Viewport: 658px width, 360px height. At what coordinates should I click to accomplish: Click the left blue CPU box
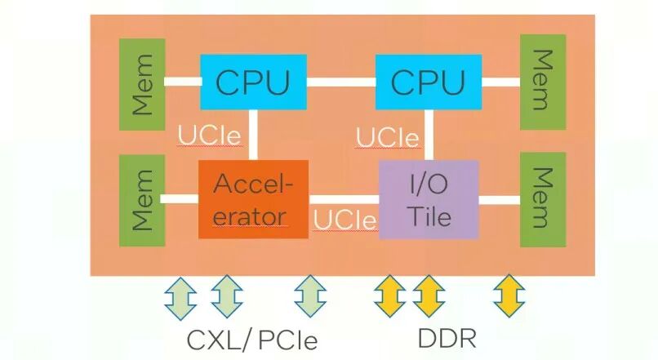253,82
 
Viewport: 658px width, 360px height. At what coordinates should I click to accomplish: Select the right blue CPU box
429,82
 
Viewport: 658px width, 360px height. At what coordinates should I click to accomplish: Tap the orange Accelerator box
253,199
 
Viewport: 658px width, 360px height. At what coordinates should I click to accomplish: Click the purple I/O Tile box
429,199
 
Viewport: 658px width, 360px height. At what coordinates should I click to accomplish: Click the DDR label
447,338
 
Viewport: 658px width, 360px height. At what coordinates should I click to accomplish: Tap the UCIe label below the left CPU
210,134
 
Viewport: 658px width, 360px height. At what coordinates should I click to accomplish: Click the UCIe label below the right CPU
388,136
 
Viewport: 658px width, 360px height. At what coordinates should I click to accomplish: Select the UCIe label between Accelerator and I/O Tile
345,220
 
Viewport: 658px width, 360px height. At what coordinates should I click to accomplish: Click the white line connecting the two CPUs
341,82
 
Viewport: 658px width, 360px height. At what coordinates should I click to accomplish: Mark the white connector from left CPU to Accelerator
253,135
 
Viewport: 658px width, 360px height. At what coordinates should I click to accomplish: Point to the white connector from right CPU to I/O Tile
427,135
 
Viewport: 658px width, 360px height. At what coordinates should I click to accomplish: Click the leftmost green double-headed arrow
181,298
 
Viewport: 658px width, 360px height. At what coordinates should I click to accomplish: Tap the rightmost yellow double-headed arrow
509,298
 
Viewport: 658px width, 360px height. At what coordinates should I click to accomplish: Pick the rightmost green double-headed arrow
309,298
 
